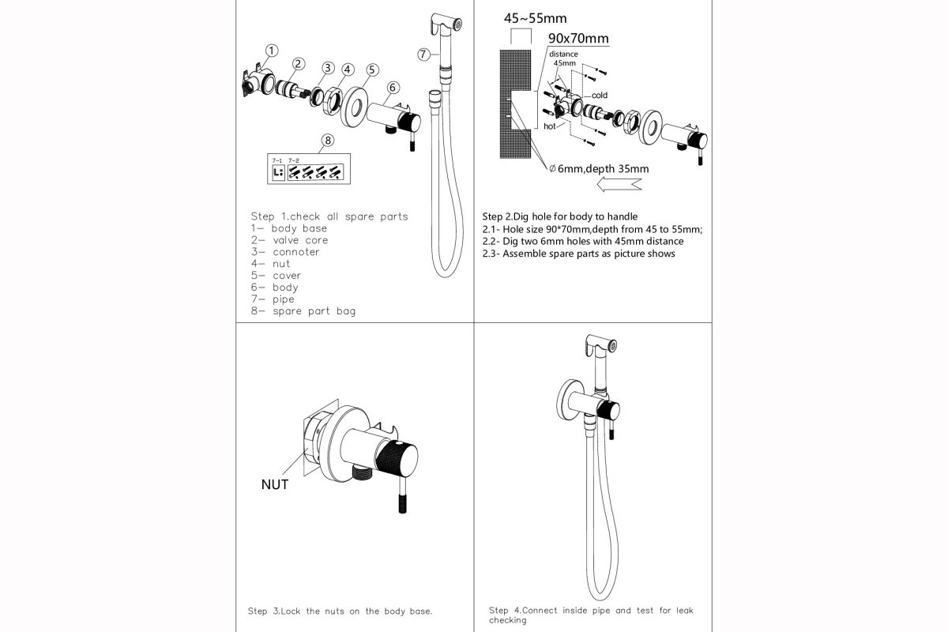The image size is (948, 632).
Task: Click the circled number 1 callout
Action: [270, 51]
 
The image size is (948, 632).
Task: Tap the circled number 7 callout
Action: [424, 54]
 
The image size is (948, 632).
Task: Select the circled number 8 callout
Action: [328, 141]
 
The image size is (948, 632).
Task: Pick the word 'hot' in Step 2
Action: [550, 126]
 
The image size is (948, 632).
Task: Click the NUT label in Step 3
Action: [275, 484]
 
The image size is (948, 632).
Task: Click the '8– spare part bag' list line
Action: [303, 311]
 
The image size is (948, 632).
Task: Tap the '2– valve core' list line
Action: [289, 240]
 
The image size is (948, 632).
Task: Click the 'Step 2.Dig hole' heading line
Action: [559, 216]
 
